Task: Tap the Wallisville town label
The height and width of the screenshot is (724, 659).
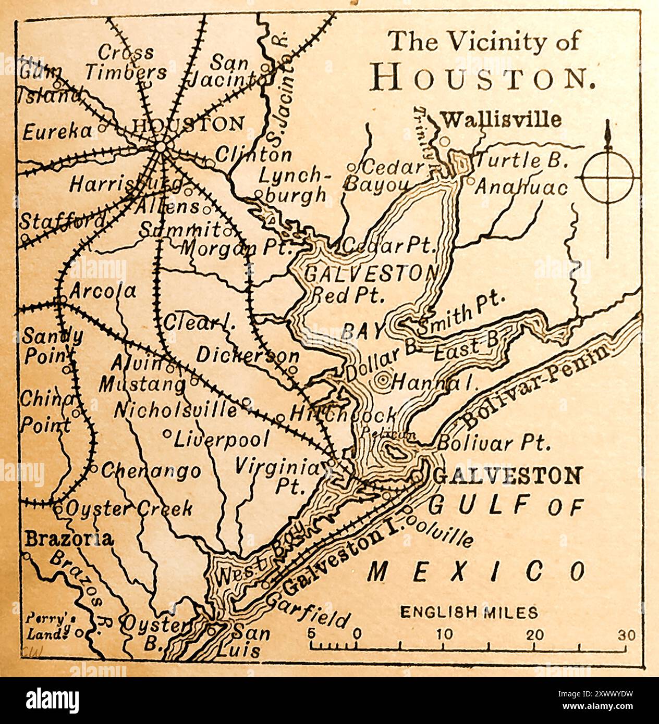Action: (502, 120)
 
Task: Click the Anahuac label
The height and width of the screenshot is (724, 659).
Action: (520, 187)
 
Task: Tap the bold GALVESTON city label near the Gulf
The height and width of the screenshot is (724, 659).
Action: (507, 476)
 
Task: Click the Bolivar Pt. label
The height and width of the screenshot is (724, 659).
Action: (493, 443)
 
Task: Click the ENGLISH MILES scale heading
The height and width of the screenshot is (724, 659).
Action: (469, 613)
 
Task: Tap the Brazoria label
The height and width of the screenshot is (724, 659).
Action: (68, 539)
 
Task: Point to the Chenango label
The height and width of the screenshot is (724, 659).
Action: (151, 471)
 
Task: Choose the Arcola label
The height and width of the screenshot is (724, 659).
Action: (102, 291)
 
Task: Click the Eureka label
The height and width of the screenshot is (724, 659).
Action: (57, 132)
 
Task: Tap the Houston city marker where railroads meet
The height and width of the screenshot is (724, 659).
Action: (161, 147)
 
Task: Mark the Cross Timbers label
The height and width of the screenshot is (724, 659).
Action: (126, 63)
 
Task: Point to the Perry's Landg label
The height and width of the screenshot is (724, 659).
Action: (48, 627)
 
